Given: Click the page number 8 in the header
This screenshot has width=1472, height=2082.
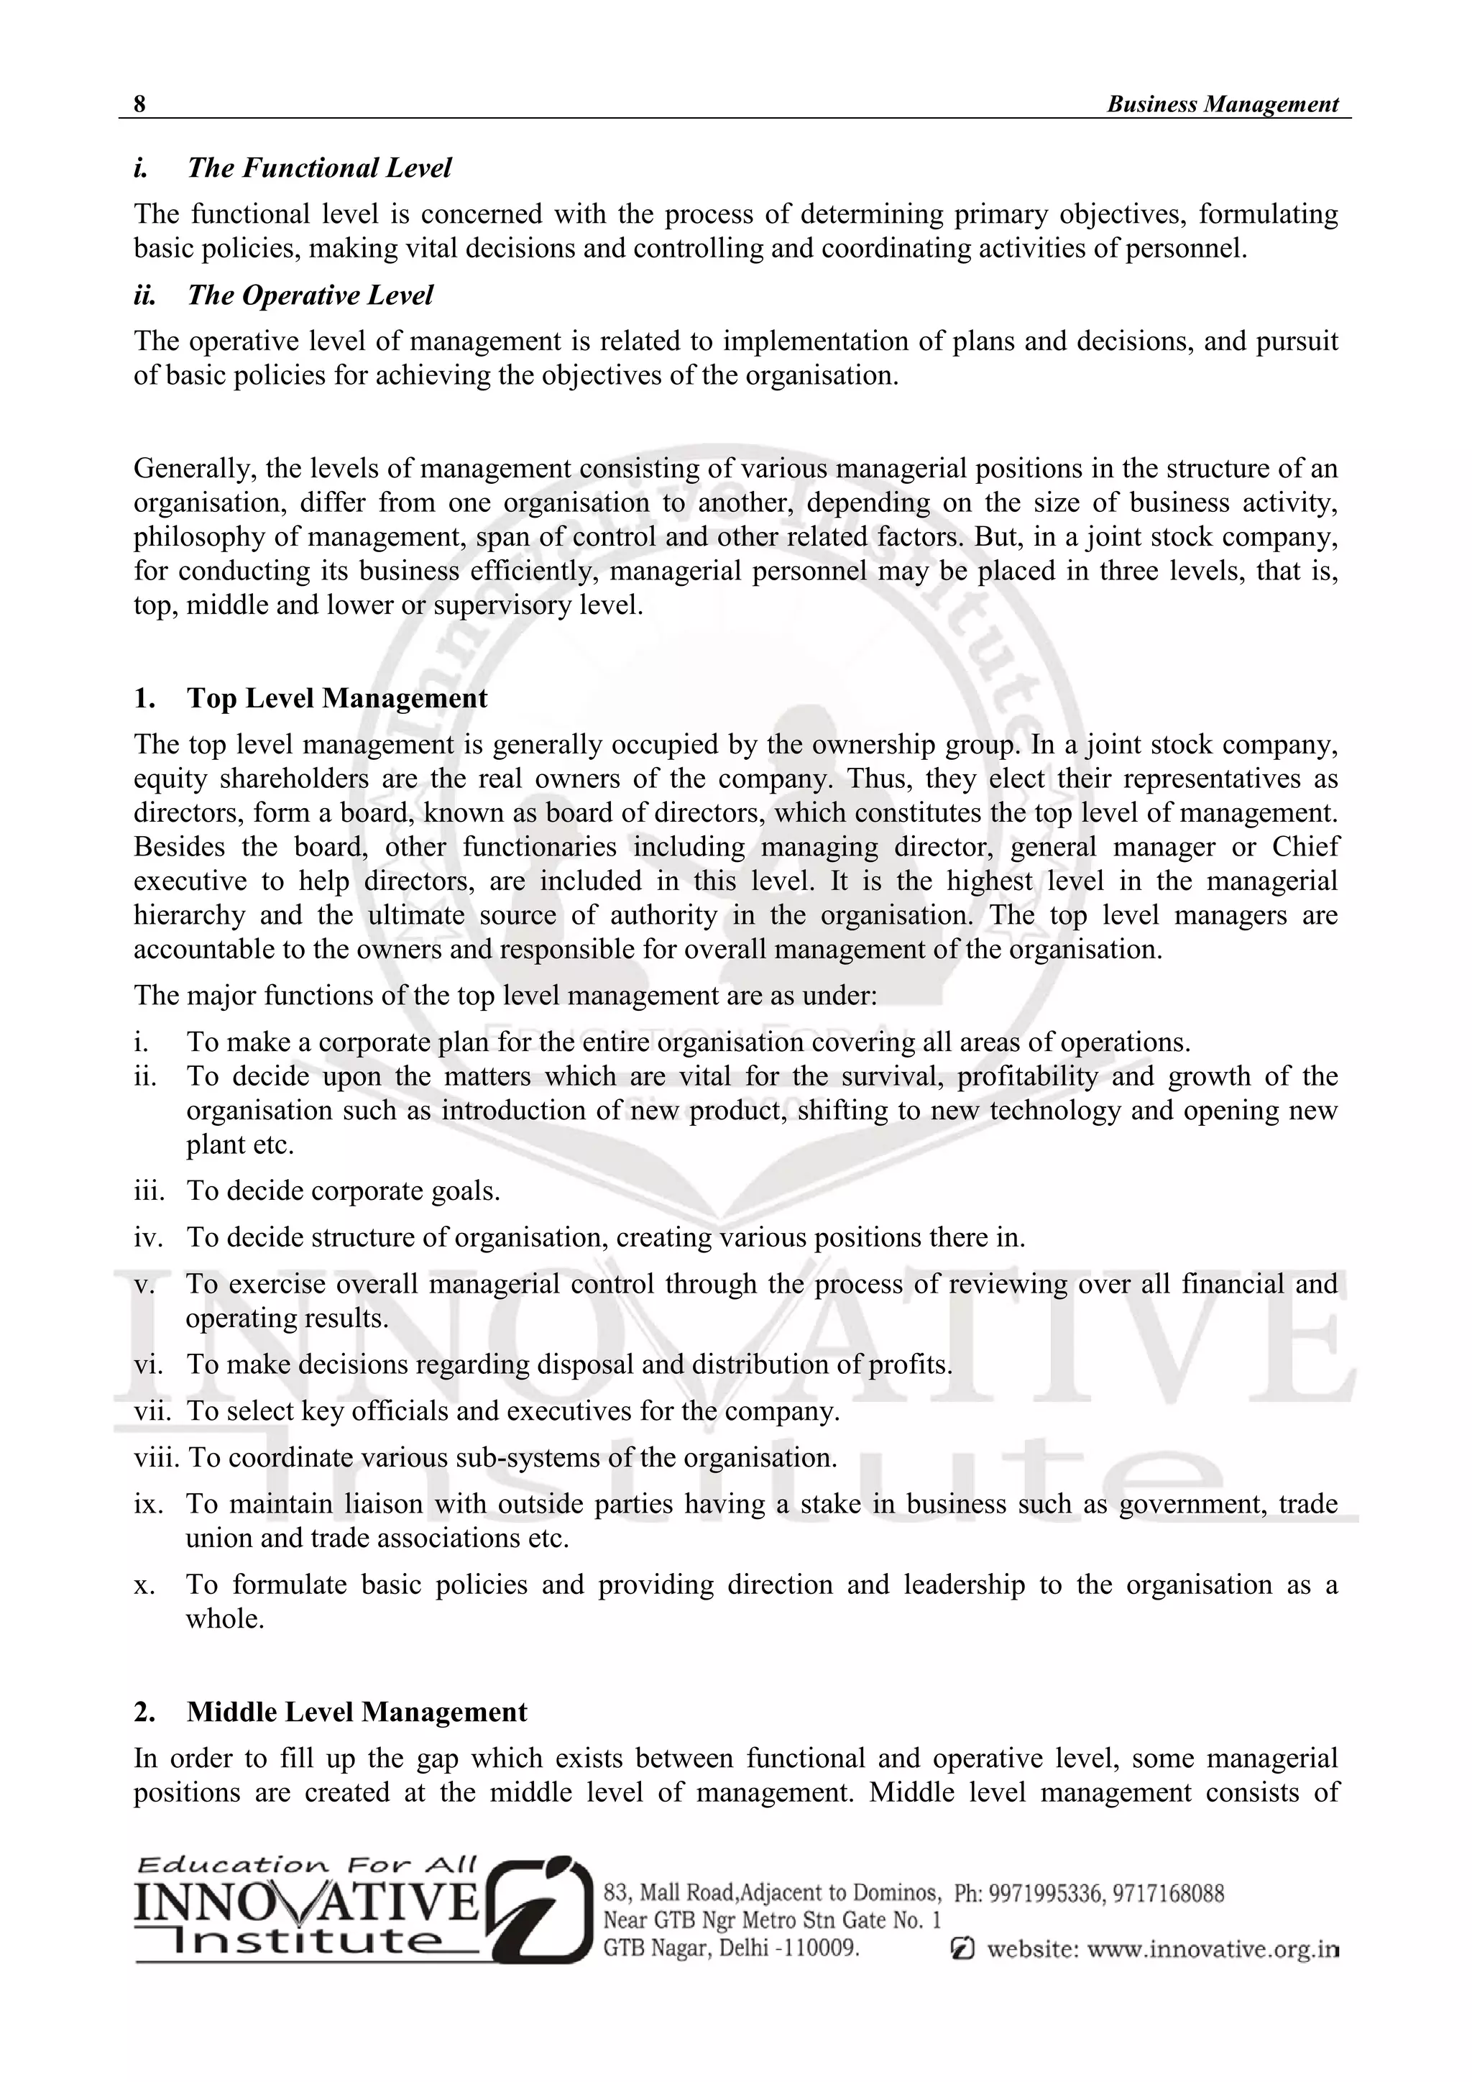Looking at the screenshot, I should click(x=139, y=104).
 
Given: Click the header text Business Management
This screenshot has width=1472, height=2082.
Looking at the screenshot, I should click(x=1222, y=104).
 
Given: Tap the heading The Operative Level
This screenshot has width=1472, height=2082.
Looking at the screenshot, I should click(x=310, y=295).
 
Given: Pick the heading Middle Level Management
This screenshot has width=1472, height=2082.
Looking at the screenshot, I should click(x=356, y=1711).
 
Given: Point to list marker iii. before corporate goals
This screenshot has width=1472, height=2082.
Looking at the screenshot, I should click(x=149, y=1191).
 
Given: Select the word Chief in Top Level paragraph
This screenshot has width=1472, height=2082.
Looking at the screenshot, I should click(x=1305, y=846).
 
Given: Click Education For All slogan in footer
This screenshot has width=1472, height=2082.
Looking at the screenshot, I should click(x=306, y=1866).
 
